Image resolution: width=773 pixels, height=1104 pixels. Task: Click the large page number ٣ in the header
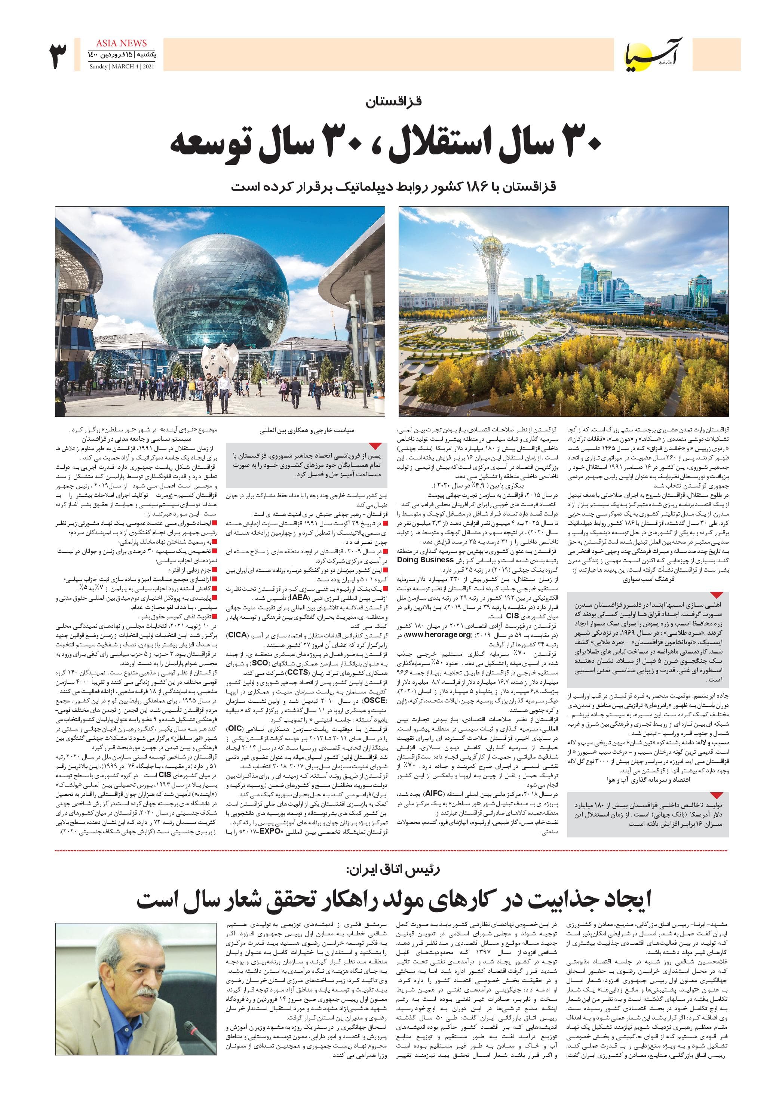pos(58,56)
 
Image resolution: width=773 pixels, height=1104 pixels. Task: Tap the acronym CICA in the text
pos(237,635)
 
